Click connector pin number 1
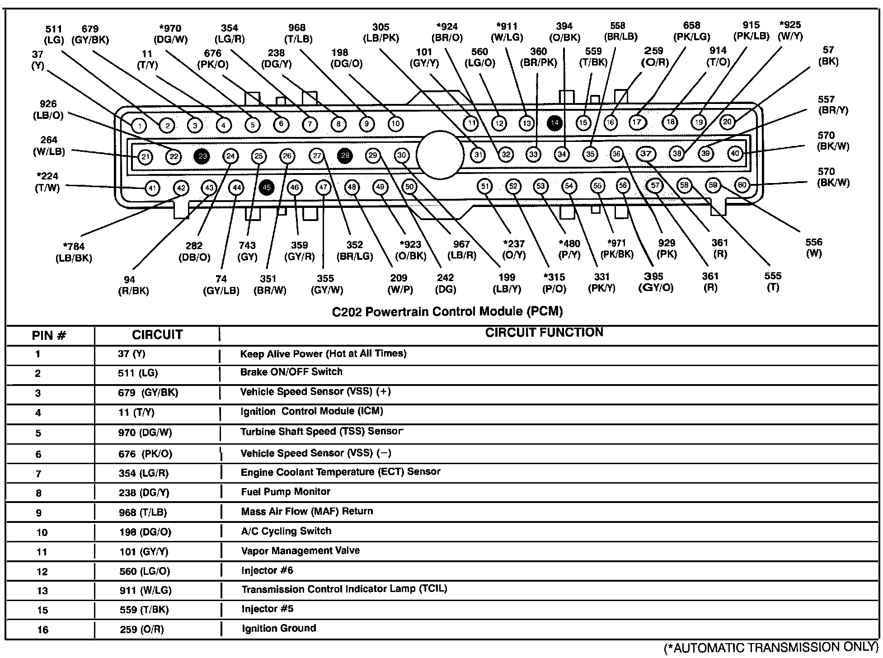(x=139, y=126)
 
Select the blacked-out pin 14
(x=554, y=122)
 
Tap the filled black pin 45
(x=267, y=187)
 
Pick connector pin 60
(x=742, y=184)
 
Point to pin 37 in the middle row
(x=646, y=154)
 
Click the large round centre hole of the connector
(x=440, y=155)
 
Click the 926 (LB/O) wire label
(x=48, y=110)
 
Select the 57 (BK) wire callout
(x=828, y=56)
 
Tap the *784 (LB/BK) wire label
(x=74, y=253)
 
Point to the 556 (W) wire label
(x=813, y=248)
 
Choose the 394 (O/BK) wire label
(x=564, y=32)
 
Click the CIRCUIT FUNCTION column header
(x=544, y=333)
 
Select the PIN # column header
(x=49, y=336)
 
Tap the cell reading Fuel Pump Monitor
(x=286, y=492)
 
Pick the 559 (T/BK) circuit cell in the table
(x=144, y=610)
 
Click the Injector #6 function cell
(x=267, y=570)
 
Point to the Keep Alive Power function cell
(x=323, y=353)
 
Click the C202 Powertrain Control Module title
(x=447, y=311)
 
